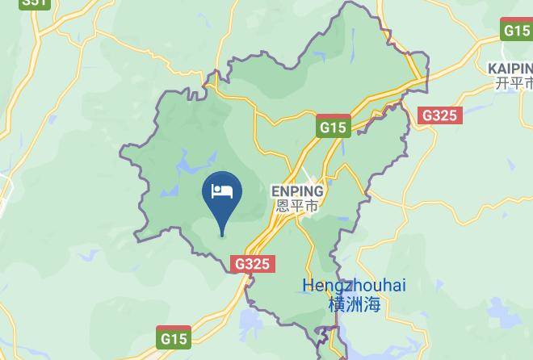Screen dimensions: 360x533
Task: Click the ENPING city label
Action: [x=296, y=191]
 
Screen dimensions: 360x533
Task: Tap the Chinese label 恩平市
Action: [x=296, y=206]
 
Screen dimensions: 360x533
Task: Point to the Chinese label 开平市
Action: [x=514, y=82]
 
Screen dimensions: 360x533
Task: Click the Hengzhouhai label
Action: [x=354, y=286]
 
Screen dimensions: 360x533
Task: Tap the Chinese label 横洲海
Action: [x=355, y=303]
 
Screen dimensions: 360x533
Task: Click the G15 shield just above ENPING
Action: [x=333, y=128]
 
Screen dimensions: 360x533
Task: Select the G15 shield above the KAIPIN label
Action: [x=516, y=31]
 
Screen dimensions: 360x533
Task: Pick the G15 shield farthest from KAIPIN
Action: [x=173, y=337]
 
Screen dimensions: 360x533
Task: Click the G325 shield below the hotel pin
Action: [x=253, y=264]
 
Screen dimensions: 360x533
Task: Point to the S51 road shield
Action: [x=35, y=3]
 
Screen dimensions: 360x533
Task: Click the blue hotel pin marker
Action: [x=222, y=196]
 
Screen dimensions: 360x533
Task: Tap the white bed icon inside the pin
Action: [x=222, y=191]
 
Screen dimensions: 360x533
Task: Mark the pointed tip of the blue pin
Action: [x=222, y=236]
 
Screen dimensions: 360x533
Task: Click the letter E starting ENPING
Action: [x=275, y=191]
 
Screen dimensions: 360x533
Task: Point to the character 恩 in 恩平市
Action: [x=282, y=206]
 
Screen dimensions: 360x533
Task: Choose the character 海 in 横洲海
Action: [x=371, y=303]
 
